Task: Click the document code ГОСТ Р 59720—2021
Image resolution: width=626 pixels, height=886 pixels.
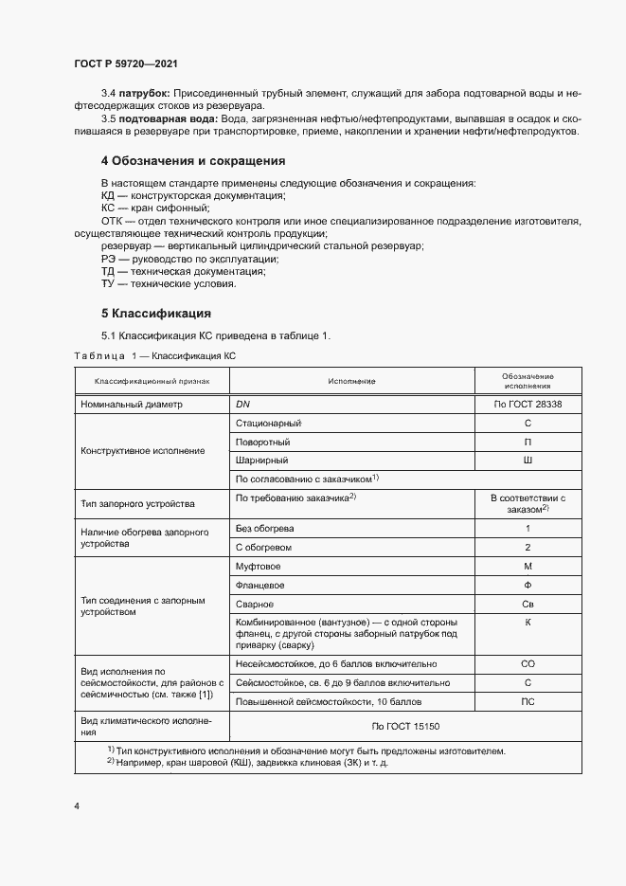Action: [x=126, y=63]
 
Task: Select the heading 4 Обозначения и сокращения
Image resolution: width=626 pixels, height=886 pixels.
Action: [x=193, y=161]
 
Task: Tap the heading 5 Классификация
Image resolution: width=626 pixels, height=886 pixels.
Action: [x=155, y=313]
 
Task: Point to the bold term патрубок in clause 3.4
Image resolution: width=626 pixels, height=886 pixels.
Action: [x=143, y=94]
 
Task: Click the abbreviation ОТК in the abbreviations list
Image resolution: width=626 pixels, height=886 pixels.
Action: [x=112, y=221]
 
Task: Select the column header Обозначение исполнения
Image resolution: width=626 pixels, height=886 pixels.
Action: [x=528, y=381]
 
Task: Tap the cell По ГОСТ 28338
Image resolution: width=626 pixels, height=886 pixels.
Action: [x=528, y=404]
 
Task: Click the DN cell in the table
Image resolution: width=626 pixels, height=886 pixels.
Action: [x=242, y=404]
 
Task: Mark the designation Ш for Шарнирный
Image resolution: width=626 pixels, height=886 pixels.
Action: [x=528, y=461]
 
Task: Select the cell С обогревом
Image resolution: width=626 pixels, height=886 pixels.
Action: [x=264, y=547]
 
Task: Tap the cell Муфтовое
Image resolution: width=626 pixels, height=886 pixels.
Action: [x=258, y=566]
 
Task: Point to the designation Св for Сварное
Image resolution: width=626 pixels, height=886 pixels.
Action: [x=528, y=604]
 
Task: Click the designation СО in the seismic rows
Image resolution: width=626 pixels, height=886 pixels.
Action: [x=528, y=664]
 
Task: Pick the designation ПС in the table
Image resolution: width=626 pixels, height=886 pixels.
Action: [x=528, y=702]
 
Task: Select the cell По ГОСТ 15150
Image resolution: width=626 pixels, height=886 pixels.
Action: [x=405, y=727]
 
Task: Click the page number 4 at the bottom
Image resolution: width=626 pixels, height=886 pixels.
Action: [x=77, y=805]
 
